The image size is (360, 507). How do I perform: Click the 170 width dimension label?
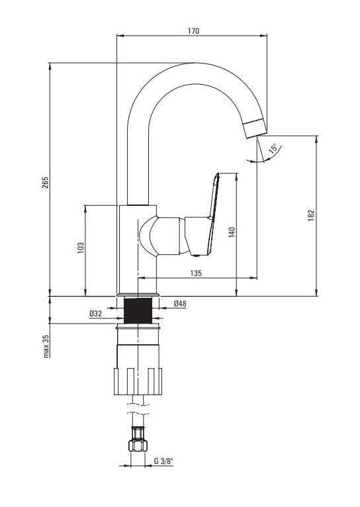tap(194, 31)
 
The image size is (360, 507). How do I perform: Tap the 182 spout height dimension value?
tap(311, 215)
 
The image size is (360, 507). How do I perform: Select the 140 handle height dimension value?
tap(232, 232)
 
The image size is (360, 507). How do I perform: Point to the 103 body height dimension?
tap(81, 248)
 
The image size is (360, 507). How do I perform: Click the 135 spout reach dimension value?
tap(196, 273)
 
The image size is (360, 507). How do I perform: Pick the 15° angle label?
tap(273, 148)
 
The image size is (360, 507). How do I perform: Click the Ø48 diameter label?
tap(180, 304)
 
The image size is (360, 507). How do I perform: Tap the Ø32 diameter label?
tap(96, 313)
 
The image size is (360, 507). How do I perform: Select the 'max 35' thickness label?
tap(46, 346)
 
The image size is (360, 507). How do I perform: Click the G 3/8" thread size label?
tap(163, 461)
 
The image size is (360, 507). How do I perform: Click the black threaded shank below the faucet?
tap(138, 310)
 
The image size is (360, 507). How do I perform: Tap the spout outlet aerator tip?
tap(255, 128)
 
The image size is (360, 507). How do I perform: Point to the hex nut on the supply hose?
tap(138, 445)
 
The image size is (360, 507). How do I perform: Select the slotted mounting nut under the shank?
tap(138, 381)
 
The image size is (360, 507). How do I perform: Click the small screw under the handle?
tap(195, 255)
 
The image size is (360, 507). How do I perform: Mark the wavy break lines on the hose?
tap(138, 408)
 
